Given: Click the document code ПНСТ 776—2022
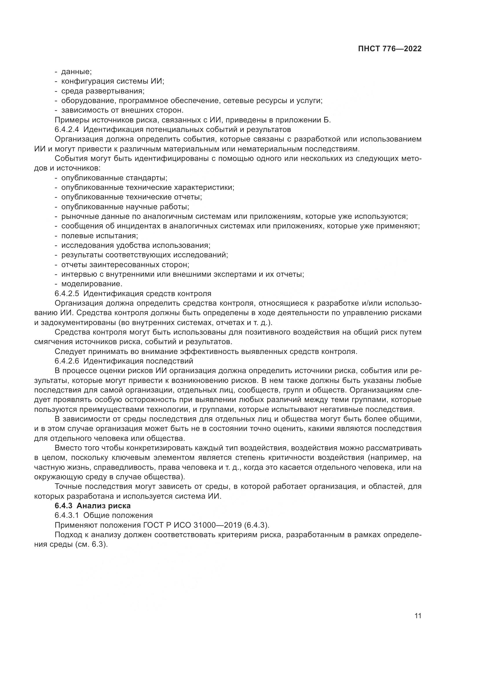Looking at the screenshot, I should click(x=390, y=49).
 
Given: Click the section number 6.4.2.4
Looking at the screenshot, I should click(x=67, y=129).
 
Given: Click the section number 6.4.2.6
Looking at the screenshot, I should click(x=67, y=361).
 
